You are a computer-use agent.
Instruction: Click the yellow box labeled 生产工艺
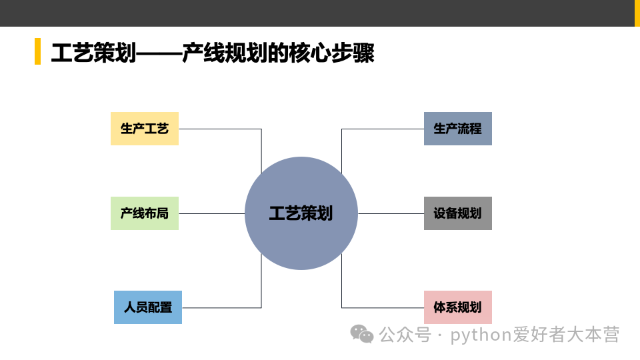coord(145,129)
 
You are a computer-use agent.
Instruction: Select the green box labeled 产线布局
coord(145,213)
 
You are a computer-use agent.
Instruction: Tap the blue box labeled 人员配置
coord(148,307)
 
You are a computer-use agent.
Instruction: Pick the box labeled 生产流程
coord(458,129)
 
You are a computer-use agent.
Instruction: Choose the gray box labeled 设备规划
coord(458,213)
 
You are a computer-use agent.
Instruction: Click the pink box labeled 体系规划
coord(458,307)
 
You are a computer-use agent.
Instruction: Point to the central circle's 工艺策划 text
coord(301,213)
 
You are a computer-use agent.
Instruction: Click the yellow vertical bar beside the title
coord(37,52)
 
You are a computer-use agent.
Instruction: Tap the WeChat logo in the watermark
coord(362,333)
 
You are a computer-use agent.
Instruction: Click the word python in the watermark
coord(481,334)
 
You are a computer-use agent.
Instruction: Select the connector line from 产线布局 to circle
coord(212,213)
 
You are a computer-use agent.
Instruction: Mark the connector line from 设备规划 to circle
coord(391,213)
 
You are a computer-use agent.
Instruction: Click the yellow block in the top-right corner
coord(636,13)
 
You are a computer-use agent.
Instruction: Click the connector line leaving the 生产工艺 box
coord(220,129)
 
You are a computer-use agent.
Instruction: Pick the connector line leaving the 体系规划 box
coord(383,307)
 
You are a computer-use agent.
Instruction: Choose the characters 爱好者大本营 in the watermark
coord(566,334)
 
